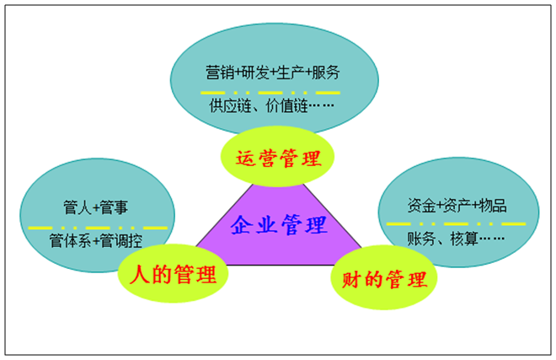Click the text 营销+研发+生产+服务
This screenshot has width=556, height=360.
point(273,72)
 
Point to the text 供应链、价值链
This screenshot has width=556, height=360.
point(261,107)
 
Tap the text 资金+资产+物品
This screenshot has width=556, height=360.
point(457,205)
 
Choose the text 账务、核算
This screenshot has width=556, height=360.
point(455,239)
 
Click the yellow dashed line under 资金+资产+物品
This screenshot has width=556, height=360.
point(456,223)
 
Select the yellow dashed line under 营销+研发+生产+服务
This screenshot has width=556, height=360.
point(271,91)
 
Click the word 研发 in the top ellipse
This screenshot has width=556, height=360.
point(254,72)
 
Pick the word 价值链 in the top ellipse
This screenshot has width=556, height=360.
point(286,107)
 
